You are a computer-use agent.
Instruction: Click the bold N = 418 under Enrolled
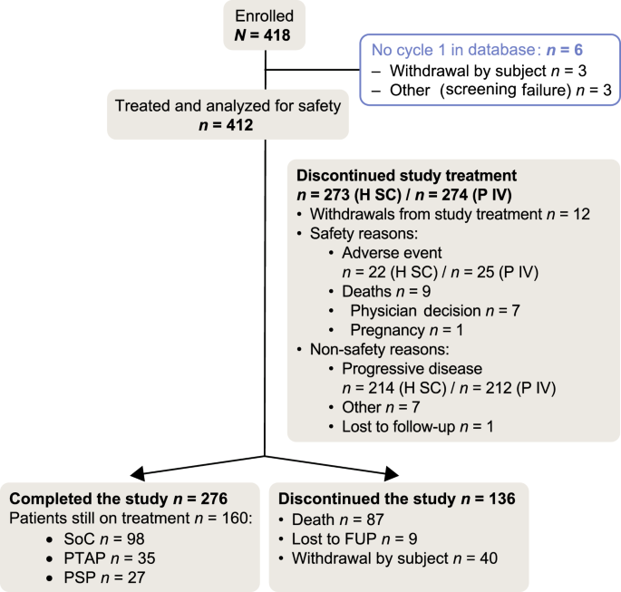pos(264,36)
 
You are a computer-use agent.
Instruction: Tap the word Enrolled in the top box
pos(264,16)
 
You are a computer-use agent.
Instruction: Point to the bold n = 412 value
pos(227,123)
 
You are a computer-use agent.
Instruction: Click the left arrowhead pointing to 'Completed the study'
pos(138,472)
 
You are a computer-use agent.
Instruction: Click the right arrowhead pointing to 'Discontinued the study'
pos(392,472)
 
